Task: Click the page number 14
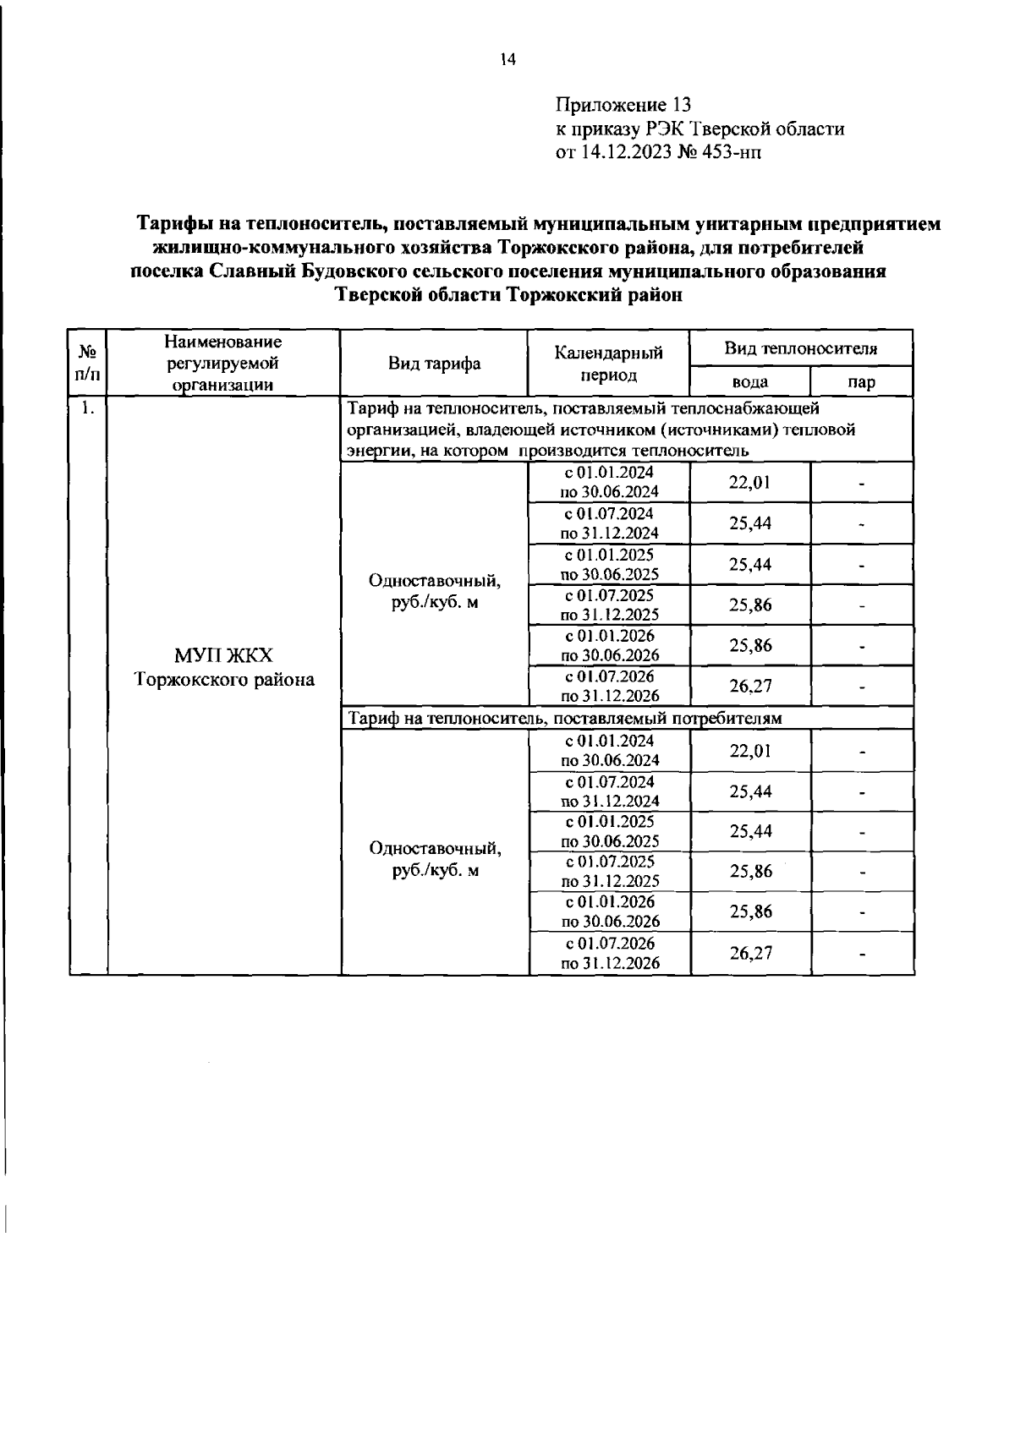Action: point(507,60)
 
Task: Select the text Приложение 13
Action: point(623,106)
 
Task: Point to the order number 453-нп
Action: point(732,152)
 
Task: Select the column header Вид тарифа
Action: point(435,364)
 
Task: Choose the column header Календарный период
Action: point(609,364)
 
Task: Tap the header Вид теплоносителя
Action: point(801,348)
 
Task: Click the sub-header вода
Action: point(750,382)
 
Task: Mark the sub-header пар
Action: point(861,382)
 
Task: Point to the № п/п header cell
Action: point(88,364)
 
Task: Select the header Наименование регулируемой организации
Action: point(223,364)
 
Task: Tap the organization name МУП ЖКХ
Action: point(223,656)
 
